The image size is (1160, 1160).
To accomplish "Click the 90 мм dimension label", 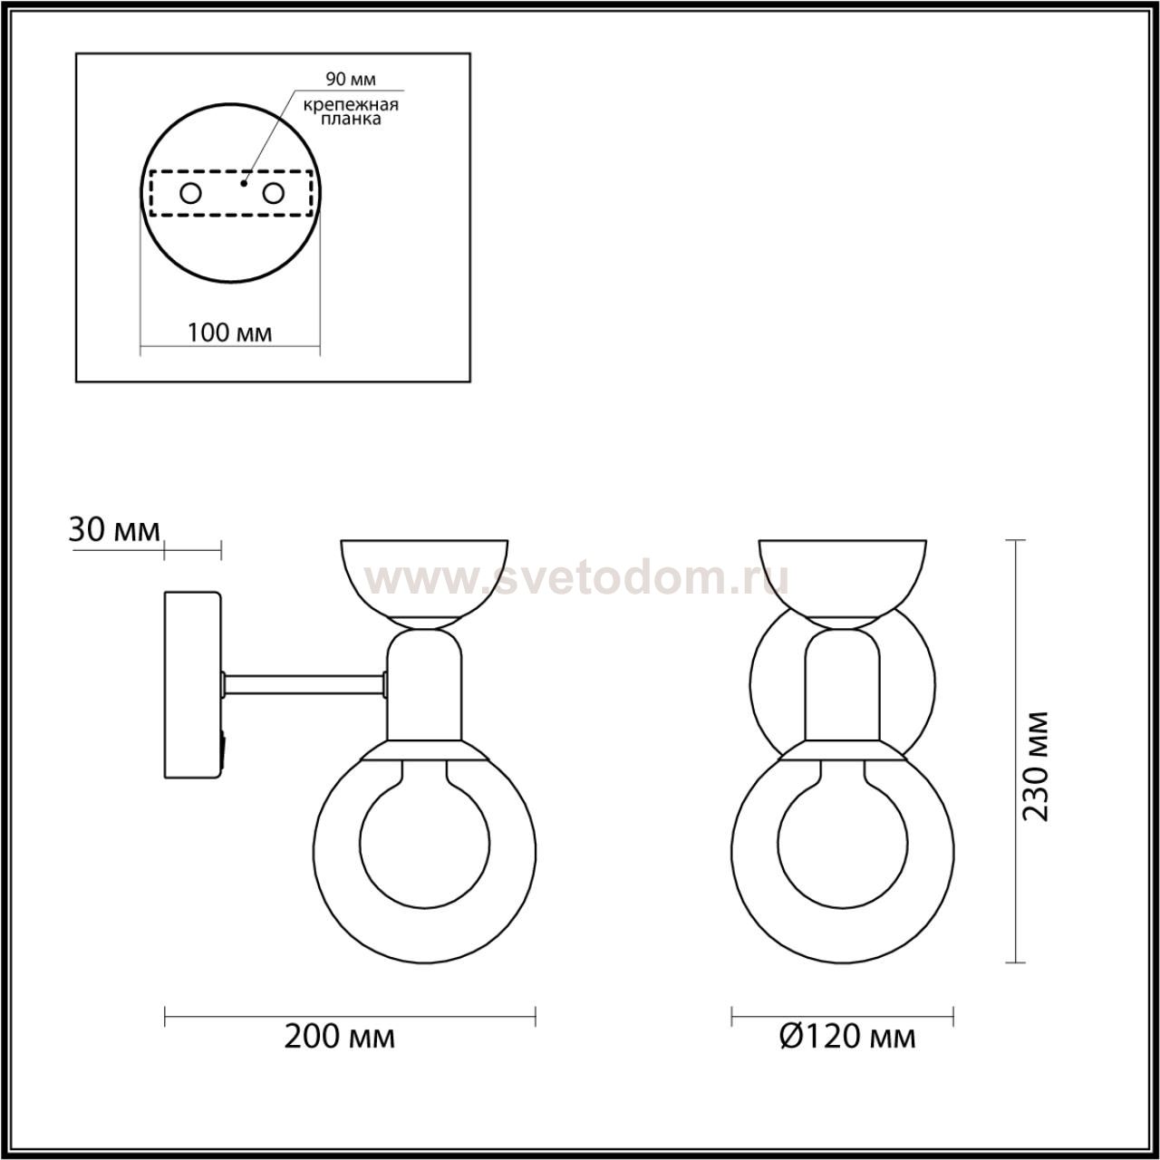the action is click(x=351, y=80).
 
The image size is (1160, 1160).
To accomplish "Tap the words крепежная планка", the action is click(x=351, y=112).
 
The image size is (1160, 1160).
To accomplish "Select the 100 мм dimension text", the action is click(x=230, y=332).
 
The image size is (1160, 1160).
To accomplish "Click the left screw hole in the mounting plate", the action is click(x=191, y=194).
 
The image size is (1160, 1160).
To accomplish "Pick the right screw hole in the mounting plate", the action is click(x=273, y=194).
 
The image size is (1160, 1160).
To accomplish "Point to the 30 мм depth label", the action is click(x=114, y=530).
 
